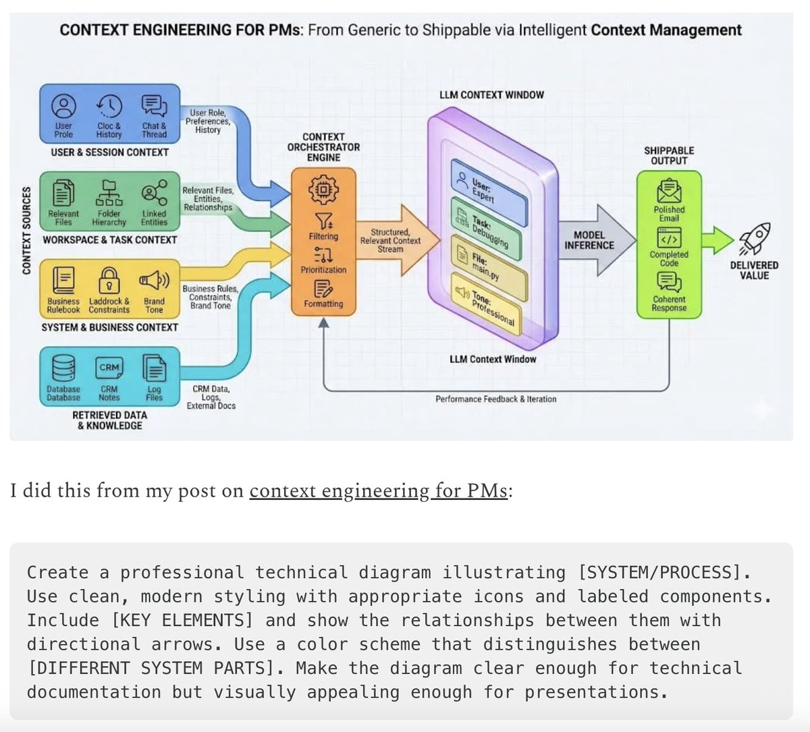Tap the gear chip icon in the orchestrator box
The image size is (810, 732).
coord(323,191)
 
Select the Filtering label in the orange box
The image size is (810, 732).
coord(323,237)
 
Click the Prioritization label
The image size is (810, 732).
coord(323,270)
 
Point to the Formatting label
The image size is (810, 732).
coord(323,304)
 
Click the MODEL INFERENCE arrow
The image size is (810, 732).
coord(594,240)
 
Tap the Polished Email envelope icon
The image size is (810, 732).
coord(669,191)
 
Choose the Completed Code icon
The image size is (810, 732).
coord(669,238)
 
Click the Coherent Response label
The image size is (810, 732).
coord(669,304)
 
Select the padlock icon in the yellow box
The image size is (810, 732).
coord(109,279)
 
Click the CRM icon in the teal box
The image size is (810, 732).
coord(109,368)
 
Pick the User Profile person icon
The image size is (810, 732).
coord(63,106)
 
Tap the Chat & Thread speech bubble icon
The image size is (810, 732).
coord(154,106)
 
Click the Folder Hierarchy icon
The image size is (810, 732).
coord(109,193)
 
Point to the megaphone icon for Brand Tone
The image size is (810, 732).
coord(154,279)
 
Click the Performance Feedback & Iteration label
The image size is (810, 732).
coord(495,399)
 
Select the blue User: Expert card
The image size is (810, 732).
coord(489,190)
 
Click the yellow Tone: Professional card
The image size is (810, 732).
coord(489,305)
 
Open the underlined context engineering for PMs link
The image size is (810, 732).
coord(378,490)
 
